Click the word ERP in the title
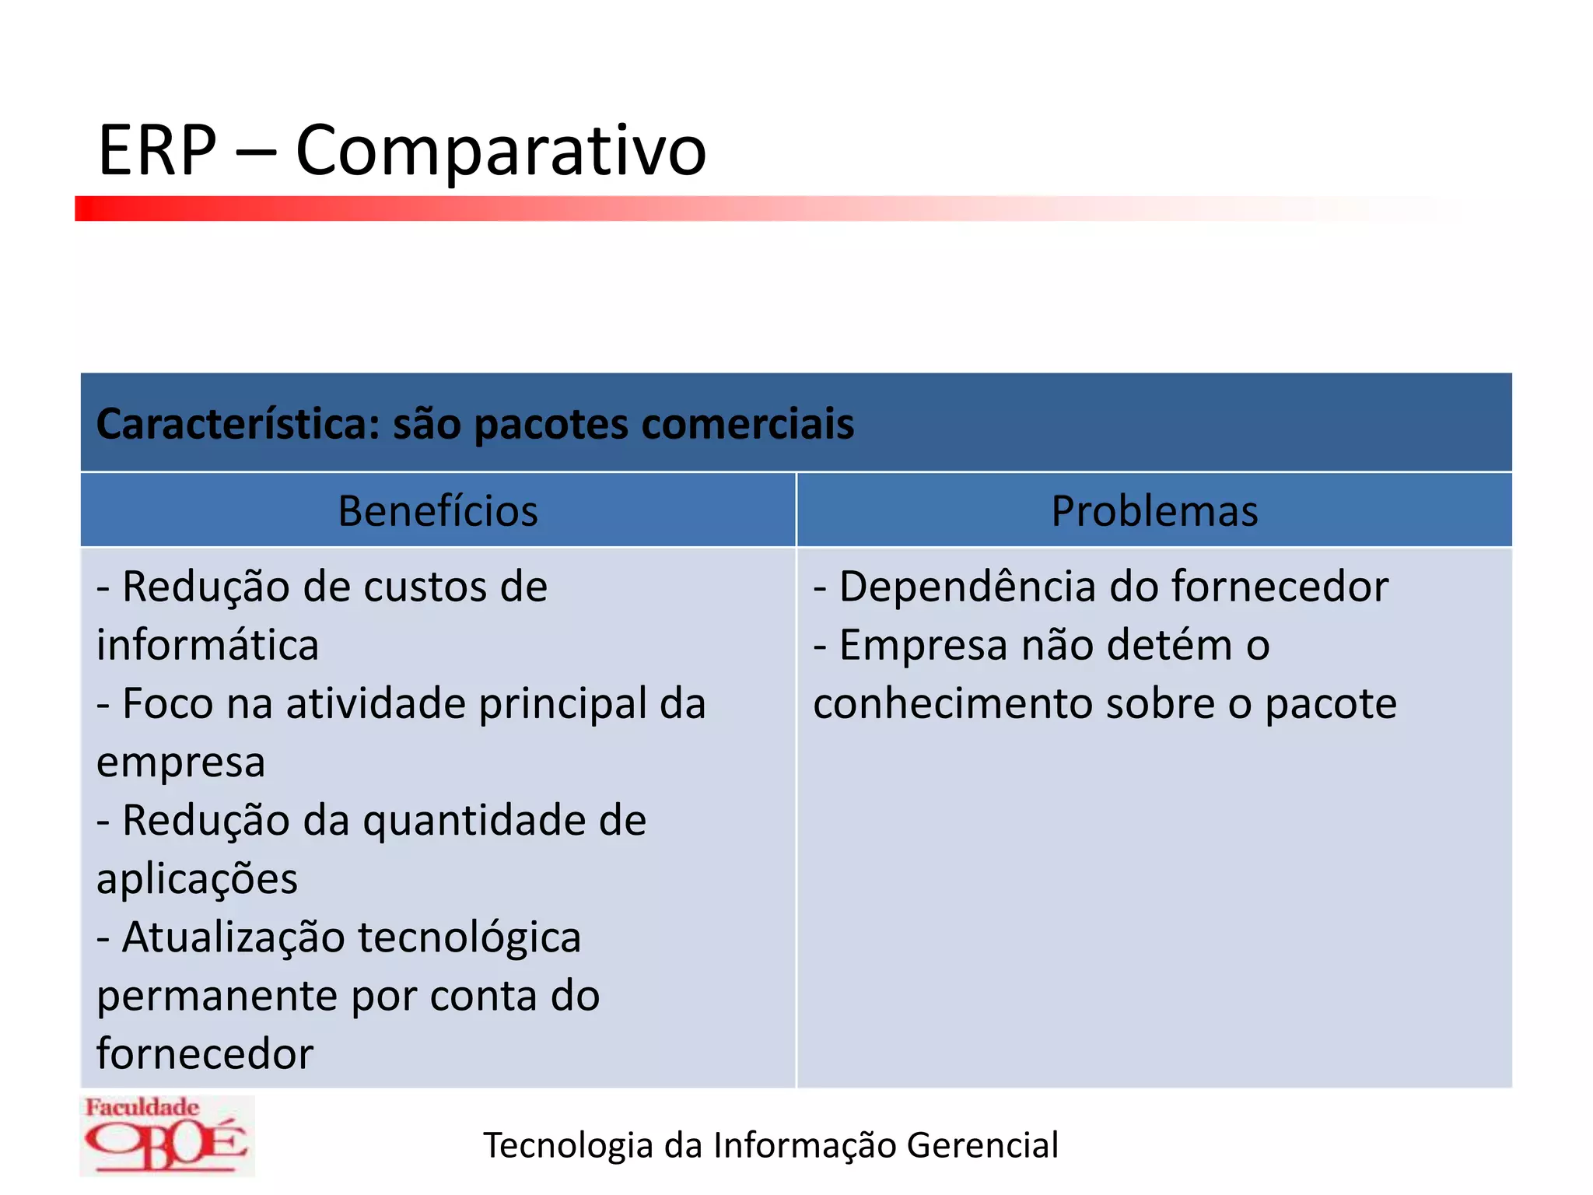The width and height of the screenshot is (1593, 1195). tap(157, 150)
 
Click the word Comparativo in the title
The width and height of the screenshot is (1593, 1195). tap(501, 152)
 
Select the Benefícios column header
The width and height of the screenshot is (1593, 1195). tap(438, 511)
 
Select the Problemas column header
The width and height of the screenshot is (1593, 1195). tap(1154, 511)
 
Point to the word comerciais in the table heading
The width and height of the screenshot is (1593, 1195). tap(747, 425)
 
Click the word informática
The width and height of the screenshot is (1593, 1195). tap(208, 646)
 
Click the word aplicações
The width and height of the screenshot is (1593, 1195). tap(197, 880)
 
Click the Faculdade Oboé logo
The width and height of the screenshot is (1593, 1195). tap(166, 1135)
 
